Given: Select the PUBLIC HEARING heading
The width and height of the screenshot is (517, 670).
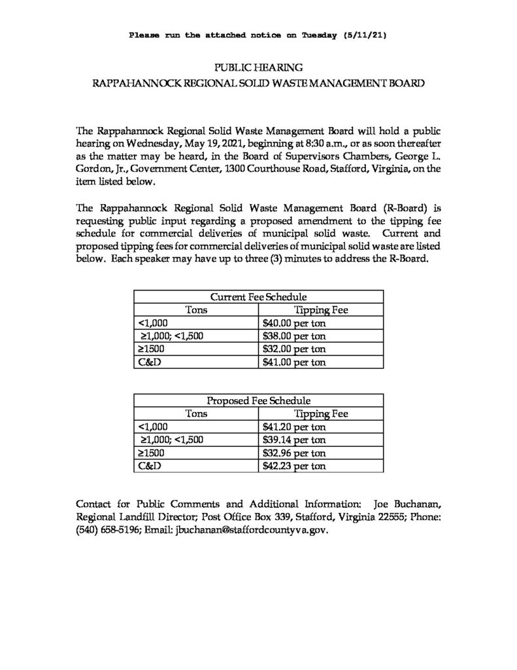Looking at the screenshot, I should point(258,67).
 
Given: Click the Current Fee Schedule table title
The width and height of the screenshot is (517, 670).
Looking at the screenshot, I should point(258,297).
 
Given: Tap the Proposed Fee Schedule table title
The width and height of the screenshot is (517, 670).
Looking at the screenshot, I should point(258,400).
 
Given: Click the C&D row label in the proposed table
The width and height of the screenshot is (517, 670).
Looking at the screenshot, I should point(146,466).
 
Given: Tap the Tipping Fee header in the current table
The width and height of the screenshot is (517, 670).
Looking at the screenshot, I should point(321,310).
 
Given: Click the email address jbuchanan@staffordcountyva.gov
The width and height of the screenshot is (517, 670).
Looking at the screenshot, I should point(249,531).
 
